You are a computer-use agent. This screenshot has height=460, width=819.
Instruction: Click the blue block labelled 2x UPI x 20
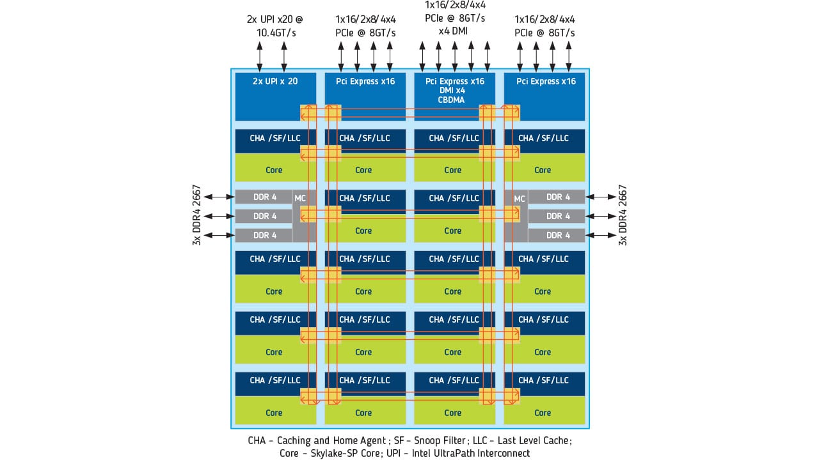click(275, 96)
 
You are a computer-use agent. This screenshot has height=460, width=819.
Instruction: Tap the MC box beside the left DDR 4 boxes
click(300, 199)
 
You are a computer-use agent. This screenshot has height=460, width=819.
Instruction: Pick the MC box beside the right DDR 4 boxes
click(520, 199)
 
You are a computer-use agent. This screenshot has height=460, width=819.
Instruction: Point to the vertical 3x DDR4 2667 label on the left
click(197, 216)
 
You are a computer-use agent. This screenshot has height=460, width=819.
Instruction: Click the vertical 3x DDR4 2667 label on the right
click(623, 216)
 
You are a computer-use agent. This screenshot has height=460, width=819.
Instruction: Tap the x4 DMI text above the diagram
click(455, 31)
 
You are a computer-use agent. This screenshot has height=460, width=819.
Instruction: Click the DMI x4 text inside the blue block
click(455, 91)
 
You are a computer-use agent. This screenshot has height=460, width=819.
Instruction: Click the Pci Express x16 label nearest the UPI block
click(365, 81)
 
